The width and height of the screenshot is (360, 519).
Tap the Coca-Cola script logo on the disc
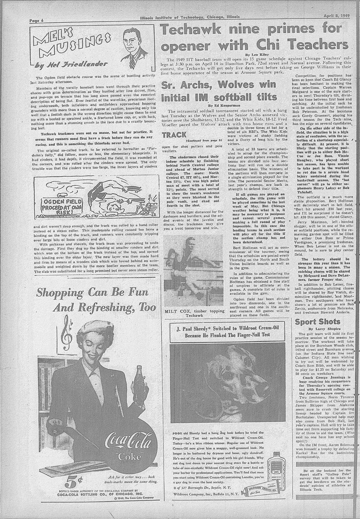pyautogui.click(x=131, y=444)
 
